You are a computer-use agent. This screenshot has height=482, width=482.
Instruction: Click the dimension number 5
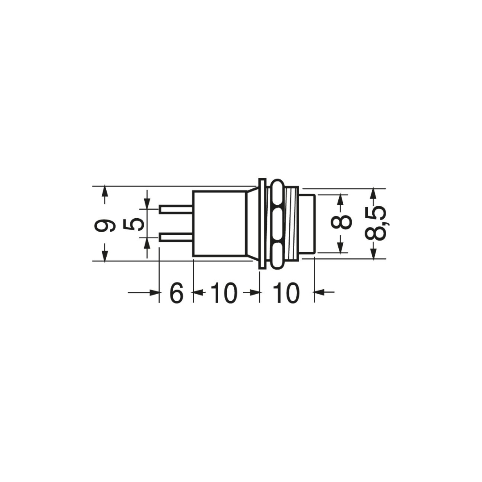point(133,224)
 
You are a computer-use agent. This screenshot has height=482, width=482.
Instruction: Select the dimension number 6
point(176,293)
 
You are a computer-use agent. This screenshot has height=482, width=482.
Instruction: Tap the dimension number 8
point(341,221)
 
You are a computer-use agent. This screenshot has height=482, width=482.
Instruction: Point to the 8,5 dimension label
point(376,223)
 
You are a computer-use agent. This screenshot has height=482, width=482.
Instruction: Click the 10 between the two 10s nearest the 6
point(224,293)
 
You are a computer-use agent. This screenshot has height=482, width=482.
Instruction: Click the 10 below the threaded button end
point(286,293)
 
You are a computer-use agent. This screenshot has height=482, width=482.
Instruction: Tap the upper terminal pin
point(176,210)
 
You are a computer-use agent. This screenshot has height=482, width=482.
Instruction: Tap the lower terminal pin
point(176,237)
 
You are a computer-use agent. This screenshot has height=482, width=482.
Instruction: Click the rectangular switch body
point(220,224)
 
